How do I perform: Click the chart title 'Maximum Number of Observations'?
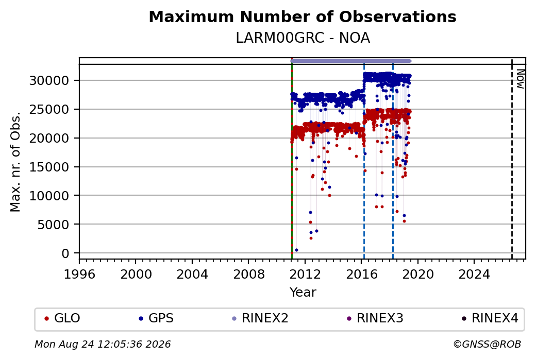tap(303, 16)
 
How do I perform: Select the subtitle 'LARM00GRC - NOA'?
tap(303, 38)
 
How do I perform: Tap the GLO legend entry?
tap(62, 318)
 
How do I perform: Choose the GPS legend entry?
tap(156, 318)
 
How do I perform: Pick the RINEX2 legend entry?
tap(260, 318)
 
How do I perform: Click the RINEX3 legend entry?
tap(375, 318)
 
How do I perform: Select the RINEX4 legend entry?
tap(490, 318)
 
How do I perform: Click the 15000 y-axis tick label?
tap(49, 167)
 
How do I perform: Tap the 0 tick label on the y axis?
tap(65, 253)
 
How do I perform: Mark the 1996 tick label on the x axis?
tap(79, 275)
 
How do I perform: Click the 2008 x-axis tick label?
tap(248, 275)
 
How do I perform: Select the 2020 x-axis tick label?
tap(418, 275)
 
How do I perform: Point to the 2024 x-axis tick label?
tap(474, 275)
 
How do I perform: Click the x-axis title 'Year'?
tap(303, 293)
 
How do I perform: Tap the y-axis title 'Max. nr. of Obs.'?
tap(15, 162)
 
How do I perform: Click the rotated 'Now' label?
tap(520, 79)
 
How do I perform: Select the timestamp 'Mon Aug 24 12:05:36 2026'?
tap(103, 344)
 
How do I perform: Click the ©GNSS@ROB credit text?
tap(487, 344)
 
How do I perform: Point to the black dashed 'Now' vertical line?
tap(512, 159)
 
